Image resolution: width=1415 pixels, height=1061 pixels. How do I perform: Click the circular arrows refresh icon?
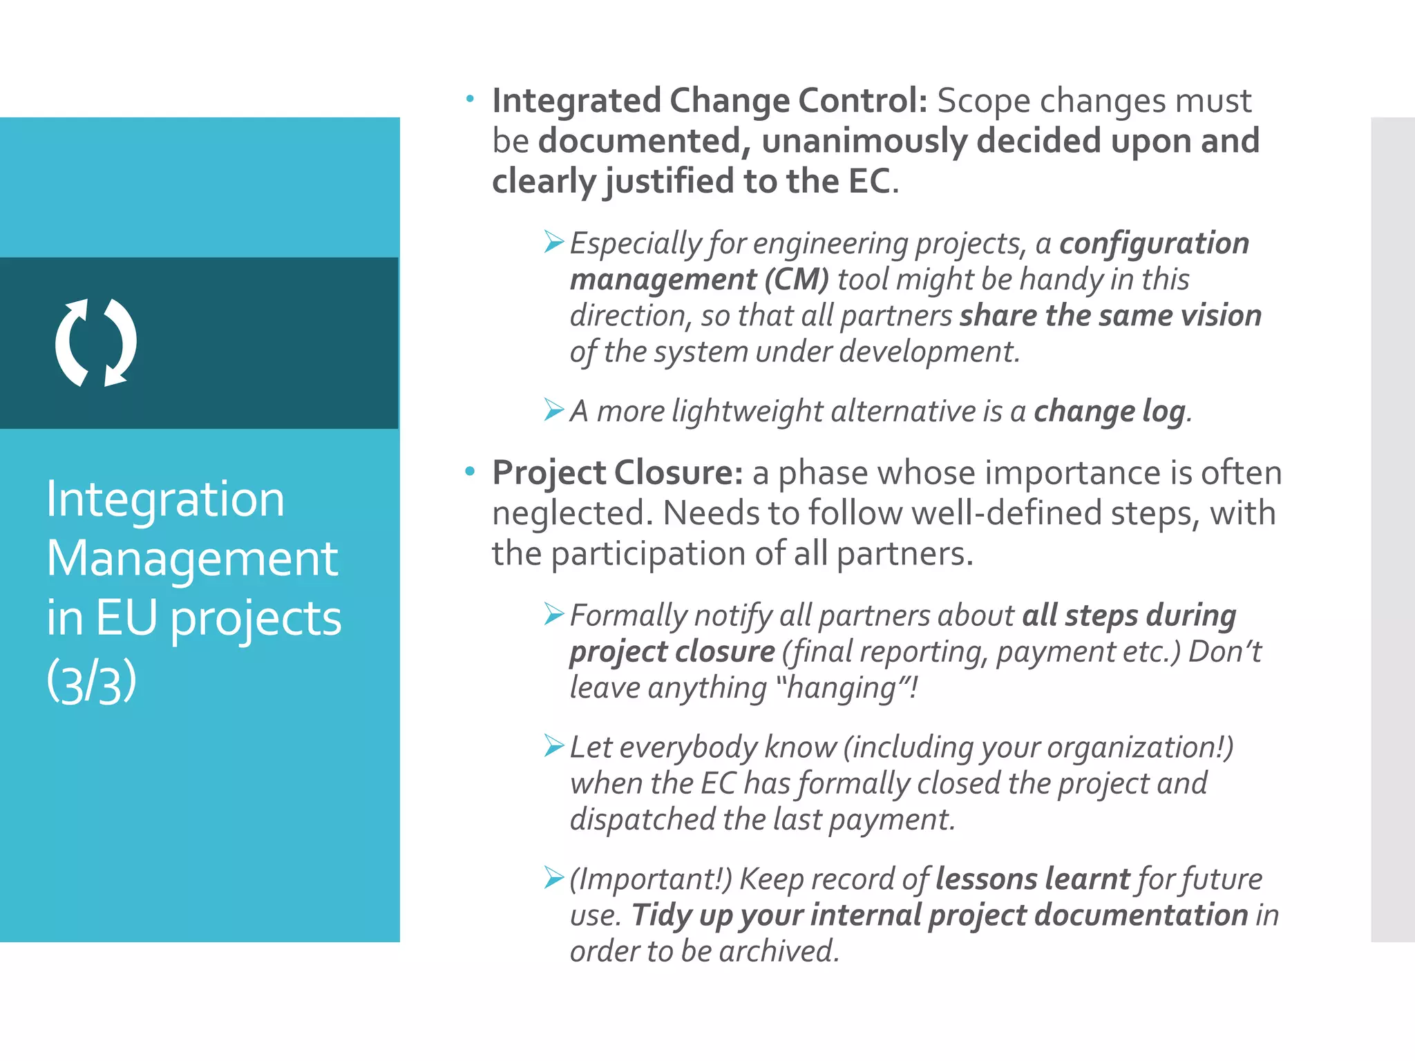click(96, 343)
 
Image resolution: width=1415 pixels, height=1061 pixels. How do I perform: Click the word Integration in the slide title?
click(165, 499)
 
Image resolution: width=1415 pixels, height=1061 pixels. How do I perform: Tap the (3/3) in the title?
click(91, 681)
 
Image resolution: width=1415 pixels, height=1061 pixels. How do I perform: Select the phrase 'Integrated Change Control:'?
click(710, 101)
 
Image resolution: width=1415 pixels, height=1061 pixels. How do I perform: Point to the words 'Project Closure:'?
click(618, 473)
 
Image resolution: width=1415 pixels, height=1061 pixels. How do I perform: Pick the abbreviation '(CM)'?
click(796, 280)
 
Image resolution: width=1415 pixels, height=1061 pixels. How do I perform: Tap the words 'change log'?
click(1110, 412)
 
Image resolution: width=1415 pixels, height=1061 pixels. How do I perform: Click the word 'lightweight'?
click(747, 412)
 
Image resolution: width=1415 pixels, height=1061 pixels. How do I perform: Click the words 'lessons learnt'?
click(1032, 879)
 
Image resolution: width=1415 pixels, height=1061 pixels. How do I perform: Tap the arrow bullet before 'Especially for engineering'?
click(553, 242)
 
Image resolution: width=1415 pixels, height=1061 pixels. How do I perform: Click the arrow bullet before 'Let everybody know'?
click(553, 746)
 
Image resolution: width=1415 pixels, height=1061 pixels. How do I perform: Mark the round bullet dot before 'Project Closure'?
click(470, 472)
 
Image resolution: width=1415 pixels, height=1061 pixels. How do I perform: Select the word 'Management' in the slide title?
click(193, 558)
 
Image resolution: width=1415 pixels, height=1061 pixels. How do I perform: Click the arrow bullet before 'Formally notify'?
click(553, 614)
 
